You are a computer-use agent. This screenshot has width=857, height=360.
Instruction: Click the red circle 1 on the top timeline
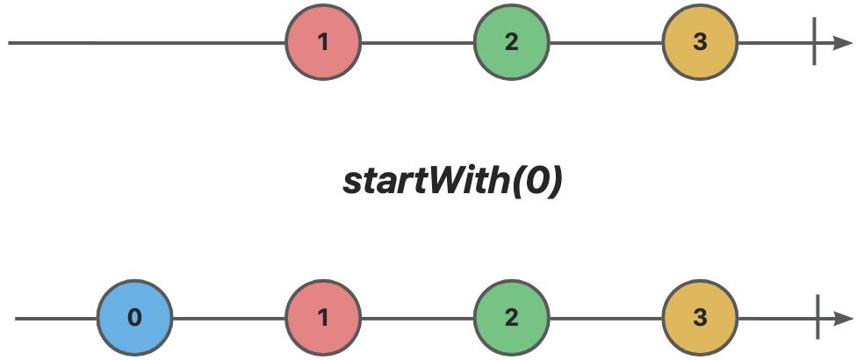tap(323, 43)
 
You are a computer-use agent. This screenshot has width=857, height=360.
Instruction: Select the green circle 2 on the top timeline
tap(512, 43)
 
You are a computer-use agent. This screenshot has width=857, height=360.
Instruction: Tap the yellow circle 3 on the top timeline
tap(700, 43)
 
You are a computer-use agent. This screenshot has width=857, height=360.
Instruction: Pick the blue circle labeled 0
tap(135, 318)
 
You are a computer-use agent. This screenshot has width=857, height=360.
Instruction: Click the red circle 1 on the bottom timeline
tap(323, 318)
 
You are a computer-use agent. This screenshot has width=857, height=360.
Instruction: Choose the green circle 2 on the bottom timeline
tap(512, 318)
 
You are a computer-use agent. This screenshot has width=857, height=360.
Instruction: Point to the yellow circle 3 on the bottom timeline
tap(700, 318)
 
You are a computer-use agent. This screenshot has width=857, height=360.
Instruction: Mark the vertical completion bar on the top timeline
tap(814, 41)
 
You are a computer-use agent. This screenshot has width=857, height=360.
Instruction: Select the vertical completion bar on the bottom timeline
tap(817, 317)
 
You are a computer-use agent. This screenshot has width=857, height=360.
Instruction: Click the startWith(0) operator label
tap(452, 183)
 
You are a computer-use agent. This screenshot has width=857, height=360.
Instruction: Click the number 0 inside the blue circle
tap(134, 318)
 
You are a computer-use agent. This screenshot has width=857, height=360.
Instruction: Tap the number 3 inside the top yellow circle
tap(700, 43)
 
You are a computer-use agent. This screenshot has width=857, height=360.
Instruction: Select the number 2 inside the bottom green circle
tap(512, 318)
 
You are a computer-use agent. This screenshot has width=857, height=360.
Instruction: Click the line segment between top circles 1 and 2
tap(418, 43)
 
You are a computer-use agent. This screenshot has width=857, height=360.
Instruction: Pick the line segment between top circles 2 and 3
tap(606, 43)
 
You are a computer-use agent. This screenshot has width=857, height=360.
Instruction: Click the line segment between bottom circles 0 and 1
tap(229, 318)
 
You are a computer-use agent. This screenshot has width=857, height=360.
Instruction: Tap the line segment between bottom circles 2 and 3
tap(606, 318)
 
